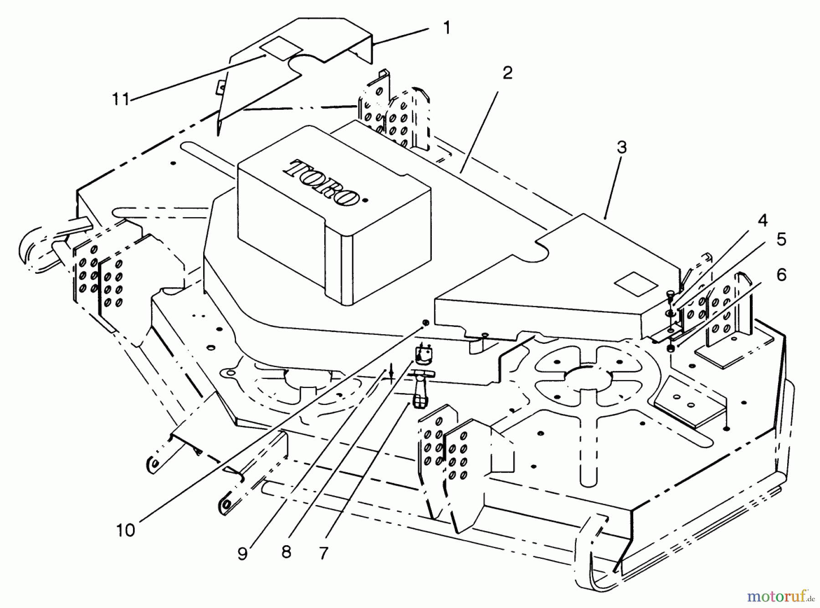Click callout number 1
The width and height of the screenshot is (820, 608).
446,28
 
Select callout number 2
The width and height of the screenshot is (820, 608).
507,73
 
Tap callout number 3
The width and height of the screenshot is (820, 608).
621,148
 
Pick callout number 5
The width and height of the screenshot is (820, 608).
781,240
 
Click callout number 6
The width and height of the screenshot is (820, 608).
781,275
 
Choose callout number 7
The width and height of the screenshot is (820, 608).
323,552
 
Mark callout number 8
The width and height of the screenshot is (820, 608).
286,552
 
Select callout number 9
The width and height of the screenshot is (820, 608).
242,553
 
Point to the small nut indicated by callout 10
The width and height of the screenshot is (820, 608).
425,323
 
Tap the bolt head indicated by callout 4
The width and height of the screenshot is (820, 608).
670,295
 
